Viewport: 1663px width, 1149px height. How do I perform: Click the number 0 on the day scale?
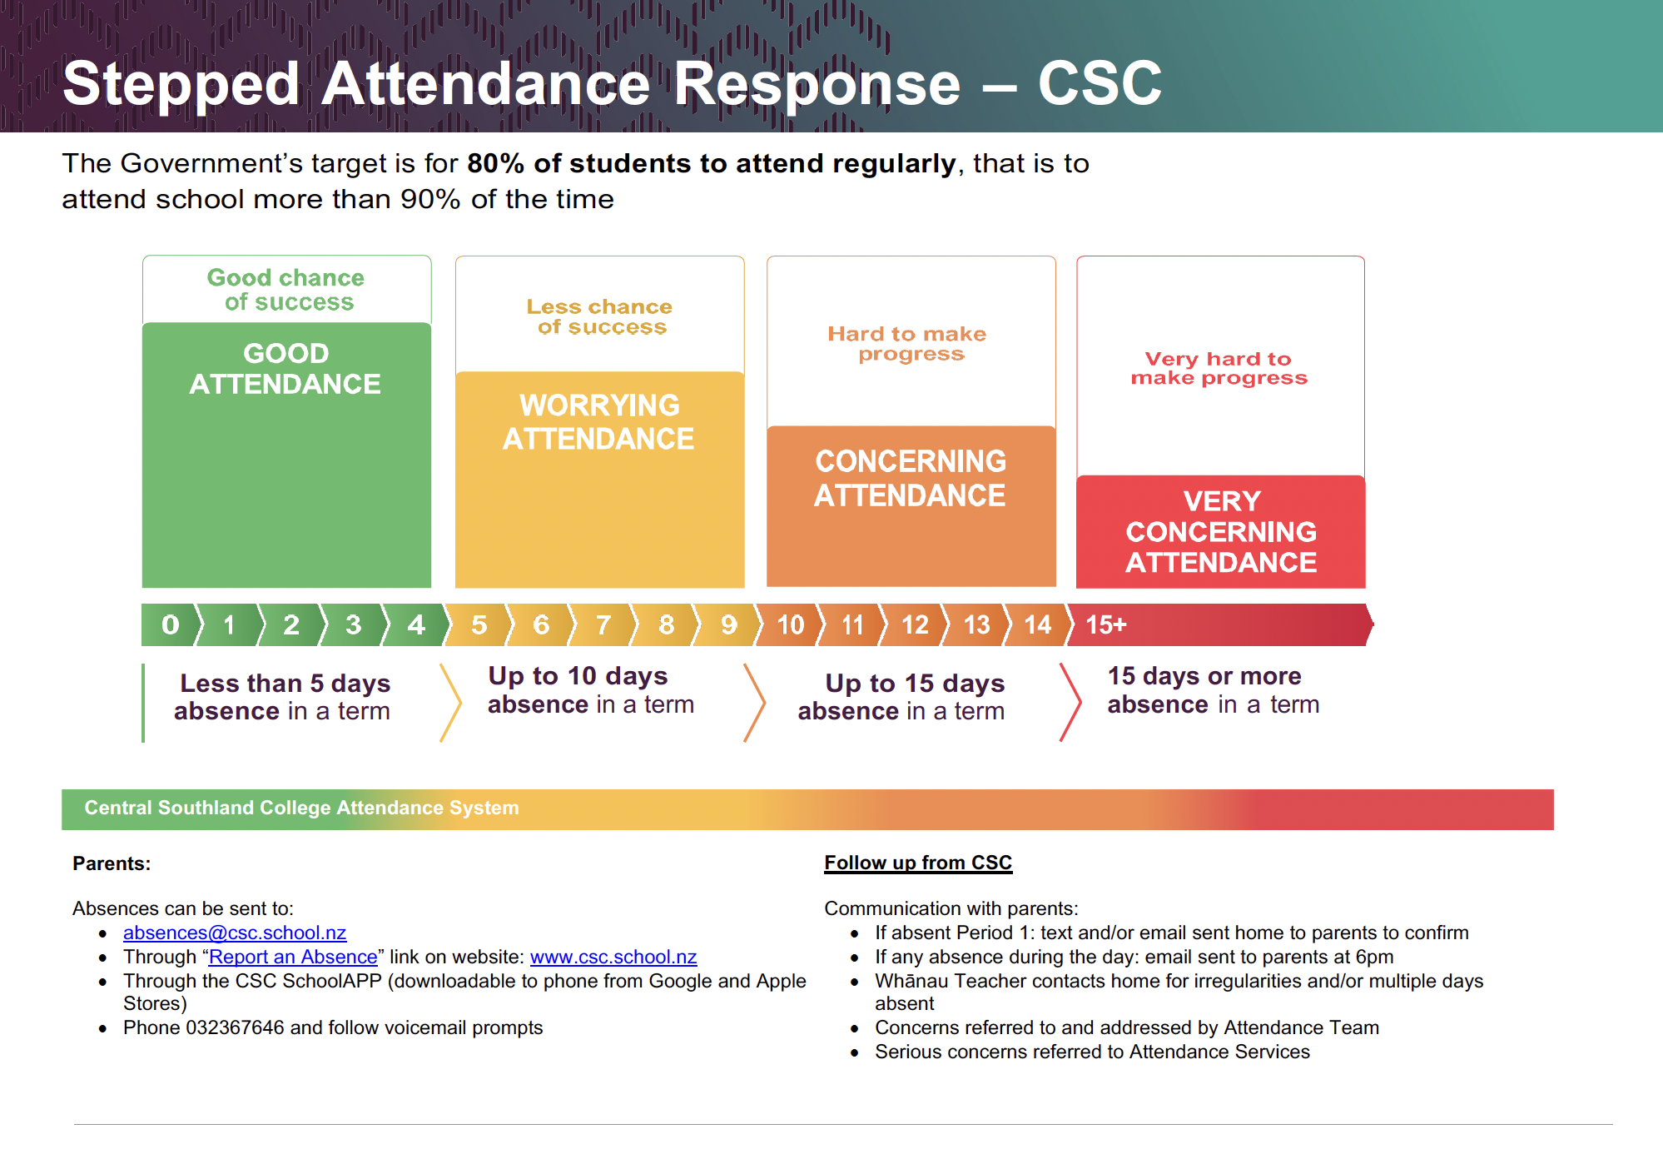click(x=170, y=624)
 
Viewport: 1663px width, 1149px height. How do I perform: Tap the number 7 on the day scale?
click(x=603, y=624)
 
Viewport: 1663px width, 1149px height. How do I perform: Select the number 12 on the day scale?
click(x=915, y=624)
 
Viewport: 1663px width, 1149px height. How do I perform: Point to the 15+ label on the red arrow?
click(x=1105, y=624)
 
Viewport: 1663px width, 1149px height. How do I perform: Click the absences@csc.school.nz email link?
click(x=235, y=933)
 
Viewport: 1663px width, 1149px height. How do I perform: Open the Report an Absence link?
click(x=293, y=957)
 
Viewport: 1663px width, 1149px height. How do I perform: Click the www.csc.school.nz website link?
click(x=613, y=957)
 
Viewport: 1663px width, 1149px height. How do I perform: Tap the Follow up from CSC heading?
click(x=918, y=863)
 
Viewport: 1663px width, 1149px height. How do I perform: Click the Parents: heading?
click(x=112, y=863)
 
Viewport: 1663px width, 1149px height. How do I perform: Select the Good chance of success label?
click(x=285, y=289)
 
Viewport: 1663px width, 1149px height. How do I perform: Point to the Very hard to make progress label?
click(x=1219, y=368)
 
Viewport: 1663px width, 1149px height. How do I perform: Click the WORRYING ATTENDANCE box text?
click(x=599, y=422)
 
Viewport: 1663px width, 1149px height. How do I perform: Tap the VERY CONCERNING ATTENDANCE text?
click(x=1221, y=531)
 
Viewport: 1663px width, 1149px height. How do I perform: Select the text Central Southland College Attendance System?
click(x=301, y=808)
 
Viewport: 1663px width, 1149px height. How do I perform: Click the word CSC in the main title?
click(x=1100, y=83)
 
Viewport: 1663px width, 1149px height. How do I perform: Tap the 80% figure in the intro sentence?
click(x=495, y=163)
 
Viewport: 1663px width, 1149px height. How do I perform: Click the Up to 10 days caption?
click(x=578, y=675)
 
